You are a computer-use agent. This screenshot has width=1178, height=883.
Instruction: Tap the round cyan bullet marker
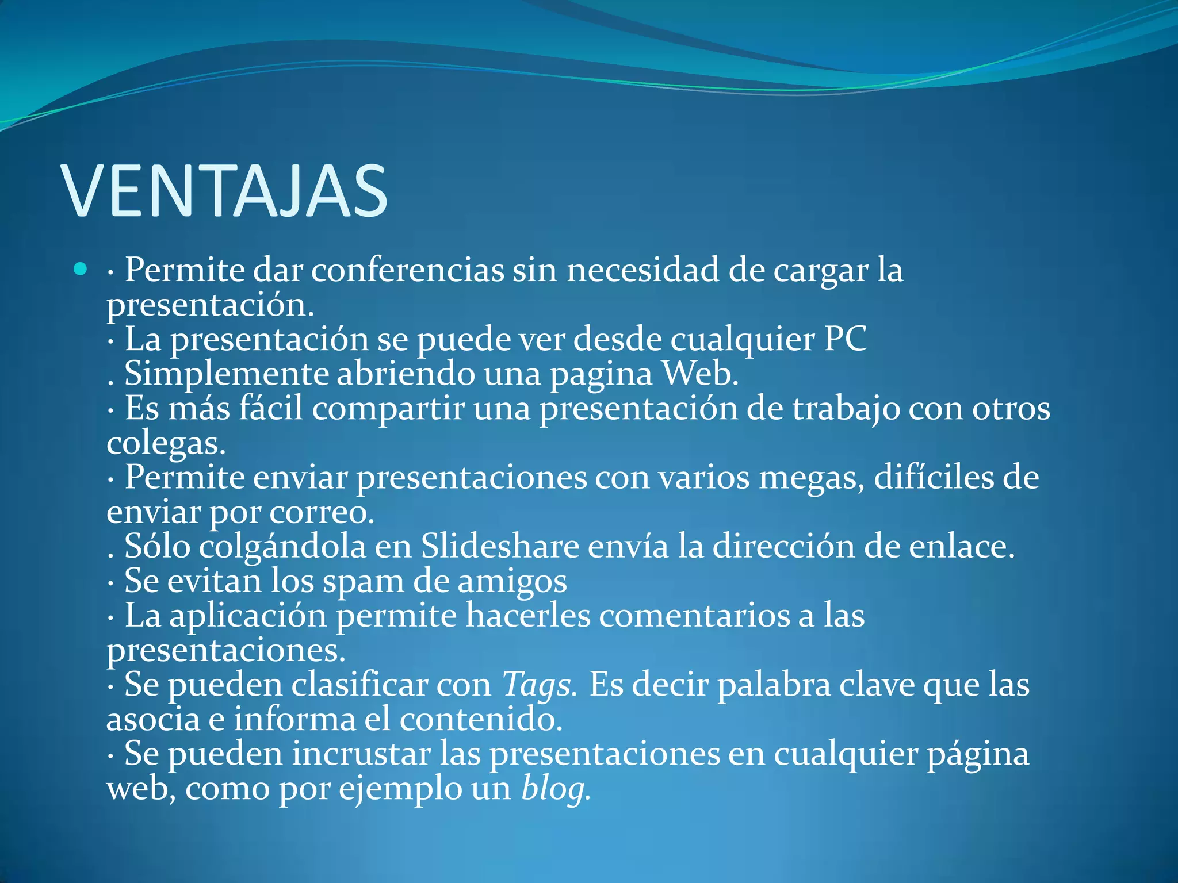coord(81,268)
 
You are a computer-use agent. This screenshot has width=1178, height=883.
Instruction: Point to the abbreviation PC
coord(845,339)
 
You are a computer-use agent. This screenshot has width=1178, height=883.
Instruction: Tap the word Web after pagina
coord(699,373)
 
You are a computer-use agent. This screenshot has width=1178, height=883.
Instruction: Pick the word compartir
coord(388,409)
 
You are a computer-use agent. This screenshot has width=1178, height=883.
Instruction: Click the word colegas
coord(165,443)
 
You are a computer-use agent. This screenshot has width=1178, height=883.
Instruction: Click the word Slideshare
coord(500,546)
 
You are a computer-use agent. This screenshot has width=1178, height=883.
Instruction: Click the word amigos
coord(511,582)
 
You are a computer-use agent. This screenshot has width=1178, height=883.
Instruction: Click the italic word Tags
coord(537,685)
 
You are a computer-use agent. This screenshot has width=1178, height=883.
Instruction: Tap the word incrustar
coord(361,754)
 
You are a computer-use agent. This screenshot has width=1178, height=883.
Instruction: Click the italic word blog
coord(554,789)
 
